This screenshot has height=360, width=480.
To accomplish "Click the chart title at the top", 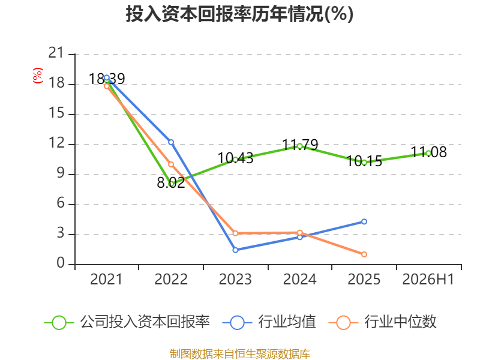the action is tap(239, 14).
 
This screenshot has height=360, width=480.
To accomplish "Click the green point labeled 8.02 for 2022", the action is tap(171, 184).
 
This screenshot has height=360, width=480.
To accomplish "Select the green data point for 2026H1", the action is tap(428, 154).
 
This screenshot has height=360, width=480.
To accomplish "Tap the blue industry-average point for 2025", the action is tap(364, 221).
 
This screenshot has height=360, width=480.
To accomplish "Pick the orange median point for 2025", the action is tap(364, 254).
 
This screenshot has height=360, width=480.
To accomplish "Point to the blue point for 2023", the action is tap(235, 250).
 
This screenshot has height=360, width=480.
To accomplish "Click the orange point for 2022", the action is tap(171, 164).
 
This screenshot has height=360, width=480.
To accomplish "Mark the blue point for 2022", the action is tap(171, 142).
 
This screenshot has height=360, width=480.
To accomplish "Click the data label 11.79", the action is tap(300, 145).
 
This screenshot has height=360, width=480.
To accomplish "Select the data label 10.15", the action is tap(364, 161).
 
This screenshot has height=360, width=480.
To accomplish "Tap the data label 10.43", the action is tap(235, 158).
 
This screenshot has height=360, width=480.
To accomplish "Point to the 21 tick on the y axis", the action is tap(56, 53).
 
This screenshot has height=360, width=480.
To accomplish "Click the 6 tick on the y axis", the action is tap(61, 203).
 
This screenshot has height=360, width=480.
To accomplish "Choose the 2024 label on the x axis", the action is tap(299, 279).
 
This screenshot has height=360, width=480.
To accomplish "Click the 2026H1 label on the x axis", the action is tap(428, 279).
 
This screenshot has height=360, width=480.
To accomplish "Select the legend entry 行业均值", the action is tap(270, 322).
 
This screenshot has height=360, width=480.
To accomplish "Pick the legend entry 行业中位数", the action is tap(383, 322).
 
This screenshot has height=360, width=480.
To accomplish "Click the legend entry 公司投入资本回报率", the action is tap(127, 322).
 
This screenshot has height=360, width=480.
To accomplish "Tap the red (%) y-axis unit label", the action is tap(38, 76).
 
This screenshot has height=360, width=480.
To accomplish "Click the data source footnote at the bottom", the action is tap(240, 353).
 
